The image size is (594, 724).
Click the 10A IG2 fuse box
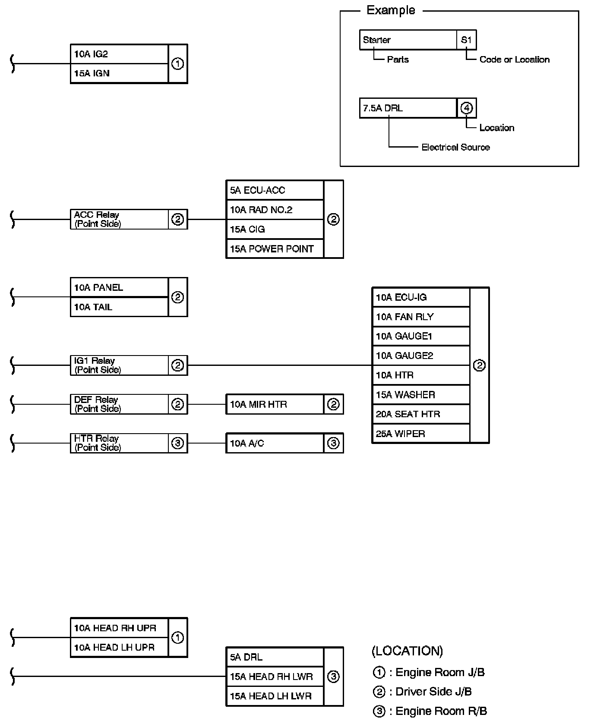(119, 54)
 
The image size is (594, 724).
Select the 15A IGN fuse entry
(119, 73)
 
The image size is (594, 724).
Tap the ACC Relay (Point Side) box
(119, 219)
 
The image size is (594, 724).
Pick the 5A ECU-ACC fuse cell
(275, 190)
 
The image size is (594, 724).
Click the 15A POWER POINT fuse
(275, 249)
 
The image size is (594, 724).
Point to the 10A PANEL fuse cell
(119, 287)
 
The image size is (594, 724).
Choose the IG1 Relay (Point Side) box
(119, 365)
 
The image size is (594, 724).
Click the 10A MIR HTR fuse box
(275, 404)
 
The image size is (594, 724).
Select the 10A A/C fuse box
(275, 443)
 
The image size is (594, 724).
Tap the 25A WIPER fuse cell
(420, 434)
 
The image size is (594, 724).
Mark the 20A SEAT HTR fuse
(420, 414)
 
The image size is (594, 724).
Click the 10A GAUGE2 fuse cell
(420, 356)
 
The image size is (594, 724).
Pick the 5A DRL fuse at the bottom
(275, 657)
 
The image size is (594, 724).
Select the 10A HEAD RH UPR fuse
(119, 628)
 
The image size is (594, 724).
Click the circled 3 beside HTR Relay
(177, 443)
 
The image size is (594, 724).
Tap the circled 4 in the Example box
(467, 108)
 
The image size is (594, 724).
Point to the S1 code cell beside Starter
(466, 40)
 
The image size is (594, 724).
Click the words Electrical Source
(455, 148)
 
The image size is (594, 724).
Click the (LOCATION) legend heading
(407, 651)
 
